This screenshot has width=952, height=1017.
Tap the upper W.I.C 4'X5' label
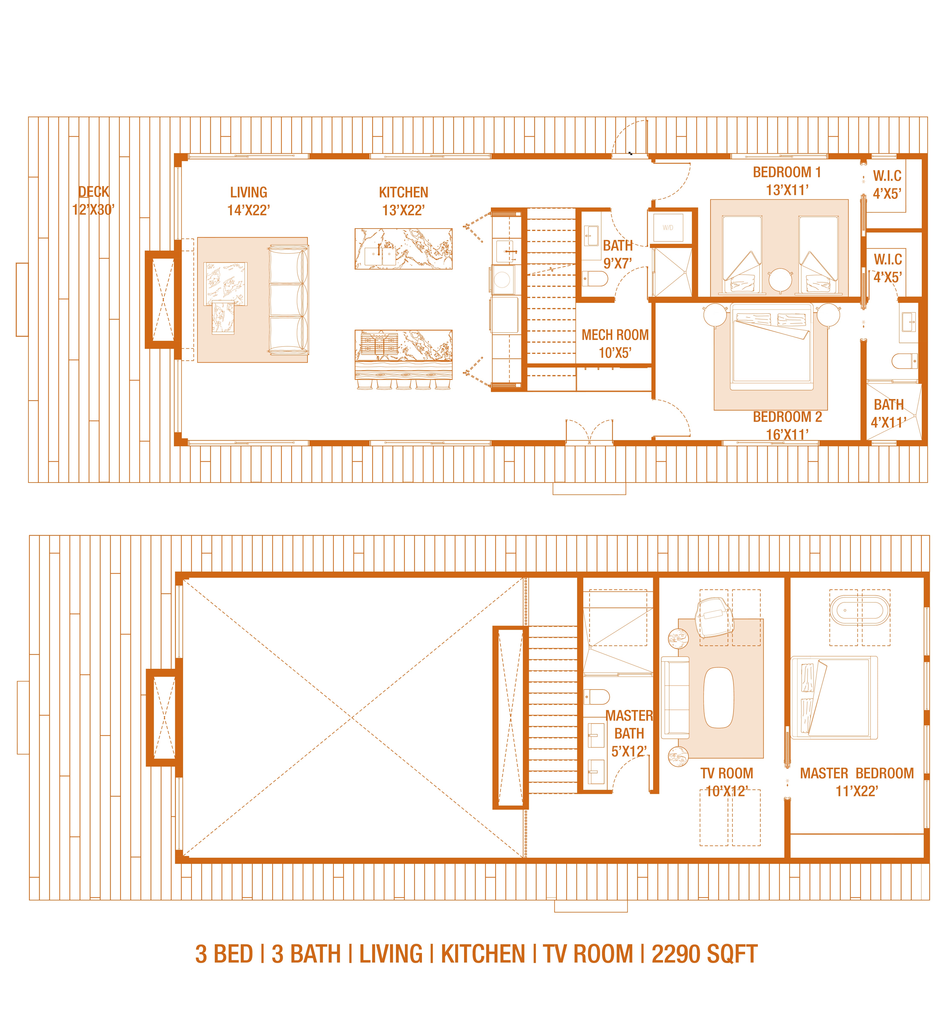(887, 185)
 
